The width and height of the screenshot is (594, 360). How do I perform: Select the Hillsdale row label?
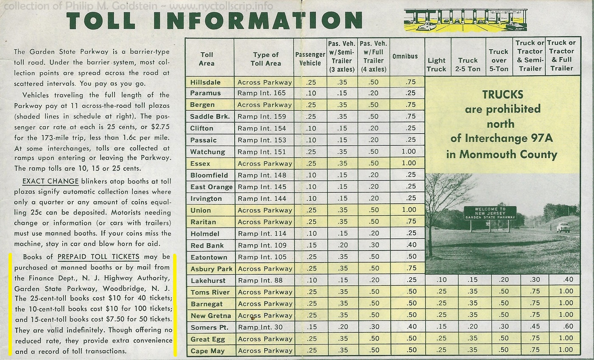205,82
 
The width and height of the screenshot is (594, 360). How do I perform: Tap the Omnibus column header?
405,56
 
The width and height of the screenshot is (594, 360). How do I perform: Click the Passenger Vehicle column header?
310,59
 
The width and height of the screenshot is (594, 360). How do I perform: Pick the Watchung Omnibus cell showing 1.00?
409,152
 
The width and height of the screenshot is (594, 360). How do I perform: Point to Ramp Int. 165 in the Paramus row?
262,93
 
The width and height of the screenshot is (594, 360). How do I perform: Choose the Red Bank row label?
207,245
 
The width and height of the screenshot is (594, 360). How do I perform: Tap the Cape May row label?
207,351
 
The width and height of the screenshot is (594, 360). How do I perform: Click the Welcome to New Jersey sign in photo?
490,213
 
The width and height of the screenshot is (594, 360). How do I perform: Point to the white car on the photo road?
563,228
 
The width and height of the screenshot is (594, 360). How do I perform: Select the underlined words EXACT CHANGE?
50,181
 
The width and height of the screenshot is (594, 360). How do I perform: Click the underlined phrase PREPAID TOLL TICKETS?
98,257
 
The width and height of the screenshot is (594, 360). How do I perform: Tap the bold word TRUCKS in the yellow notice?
502,94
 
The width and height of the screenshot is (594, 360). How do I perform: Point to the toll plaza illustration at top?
465,20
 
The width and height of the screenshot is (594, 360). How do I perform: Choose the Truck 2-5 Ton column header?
468,65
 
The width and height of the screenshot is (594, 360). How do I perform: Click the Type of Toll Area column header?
266,59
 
